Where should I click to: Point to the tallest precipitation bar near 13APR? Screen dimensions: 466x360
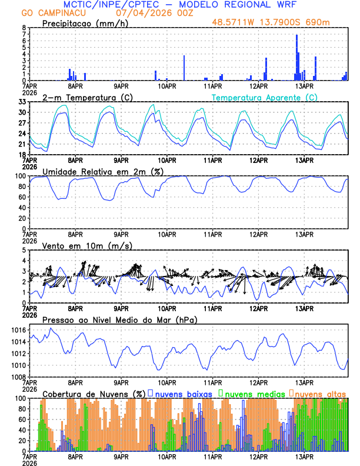296,56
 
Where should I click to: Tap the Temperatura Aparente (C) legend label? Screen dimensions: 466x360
265,97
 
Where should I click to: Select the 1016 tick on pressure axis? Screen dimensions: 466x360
18,331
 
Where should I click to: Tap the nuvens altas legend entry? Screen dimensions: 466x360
320,393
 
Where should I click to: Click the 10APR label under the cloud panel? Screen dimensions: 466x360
167,457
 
